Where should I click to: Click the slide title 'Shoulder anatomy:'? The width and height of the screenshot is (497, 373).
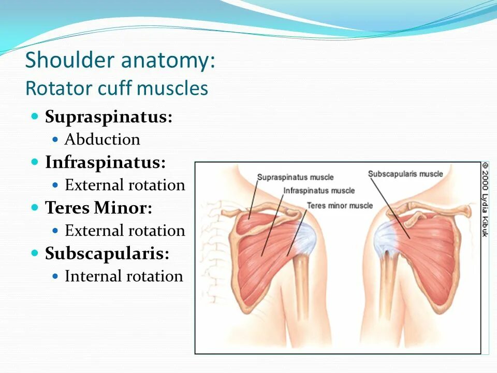point(120,60)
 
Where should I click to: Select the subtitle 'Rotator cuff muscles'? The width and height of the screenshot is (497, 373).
point(116,88)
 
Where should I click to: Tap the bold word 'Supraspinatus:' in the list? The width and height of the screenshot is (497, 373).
point(109,117)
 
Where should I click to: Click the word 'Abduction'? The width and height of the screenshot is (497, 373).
point(103,139)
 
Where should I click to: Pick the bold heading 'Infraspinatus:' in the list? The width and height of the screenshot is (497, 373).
point(105,162)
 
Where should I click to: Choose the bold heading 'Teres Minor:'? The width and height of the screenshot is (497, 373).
point(98,208)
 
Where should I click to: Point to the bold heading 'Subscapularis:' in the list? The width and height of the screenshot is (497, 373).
point(107,253)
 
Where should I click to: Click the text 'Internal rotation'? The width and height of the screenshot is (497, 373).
point(124,276)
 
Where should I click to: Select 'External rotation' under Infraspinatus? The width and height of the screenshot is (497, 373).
point(125,185)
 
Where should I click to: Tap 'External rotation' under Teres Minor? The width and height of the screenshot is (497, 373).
point(125,231)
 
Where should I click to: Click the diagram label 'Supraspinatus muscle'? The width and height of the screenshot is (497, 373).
point(295,177)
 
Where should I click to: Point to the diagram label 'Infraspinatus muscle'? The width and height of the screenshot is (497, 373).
point(319,191)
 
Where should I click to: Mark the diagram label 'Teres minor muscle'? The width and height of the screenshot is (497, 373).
point(340,206)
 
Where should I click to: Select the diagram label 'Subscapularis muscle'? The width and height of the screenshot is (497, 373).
point(405,174)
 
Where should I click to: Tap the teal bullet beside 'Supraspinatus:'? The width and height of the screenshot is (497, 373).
point(35,116)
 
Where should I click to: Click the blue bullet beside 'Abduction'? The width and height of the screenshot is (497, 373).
point(55,139)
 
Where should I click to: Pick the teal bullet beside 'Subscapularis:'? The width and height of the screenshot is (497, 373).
point(35,253)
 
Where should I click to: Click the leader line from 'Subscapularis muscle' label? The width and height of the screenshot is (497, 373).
point(390,208)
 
